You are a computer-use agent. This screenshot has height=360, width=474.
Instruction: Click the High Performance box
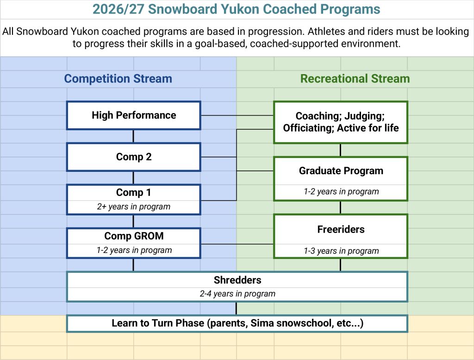tap(134, 115)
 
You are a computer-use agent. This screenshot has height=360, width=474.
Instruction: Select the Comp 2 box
tap(134, 157)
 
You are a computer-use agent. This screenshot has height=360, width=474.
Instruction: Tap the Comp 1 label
tap(134, 192)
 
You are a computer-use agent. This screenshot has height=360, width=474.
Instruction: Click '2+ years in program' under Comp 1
tap(134, 207)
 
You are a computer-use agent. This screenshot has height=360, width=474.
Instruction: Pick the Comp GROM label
tap(134, 236)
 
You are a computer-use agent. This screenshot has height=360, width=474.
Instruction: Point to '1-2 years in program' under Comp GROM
tap(134, 250)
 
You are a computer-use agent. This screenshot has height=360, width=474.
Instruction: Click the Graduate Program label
tap(341, 171)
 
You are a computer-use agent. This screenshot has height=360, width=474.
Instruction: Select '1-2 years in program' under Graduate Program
tap(341, 191)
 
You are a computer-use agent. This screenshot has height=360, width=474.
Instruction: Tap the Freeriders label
tap(341, 229)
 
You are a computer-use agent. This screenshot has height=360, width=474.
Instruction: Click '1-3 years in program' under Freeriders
tap(341, 251)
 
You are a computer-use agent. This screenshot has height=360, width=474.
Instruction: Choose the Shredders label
tap(237, 280)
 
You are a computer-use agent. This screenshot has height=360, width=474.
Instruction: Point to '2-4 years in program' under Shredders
tap(237, 294)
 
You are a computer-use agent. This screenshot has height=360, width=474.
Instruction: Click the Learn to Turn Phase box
tap(237, 323)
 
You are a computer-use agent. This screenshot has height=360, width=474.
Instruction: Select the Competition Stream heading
tap(118, 79)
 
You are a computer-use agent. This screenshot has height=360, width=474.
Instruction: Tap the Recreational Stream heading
tap(355, 79)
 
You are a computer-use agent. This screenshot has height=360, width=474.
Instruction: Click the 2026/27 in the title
tap(118, 9)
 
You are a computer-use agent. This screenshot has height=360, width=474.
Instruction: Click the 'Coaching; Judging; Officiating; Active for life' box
tap(341, 122)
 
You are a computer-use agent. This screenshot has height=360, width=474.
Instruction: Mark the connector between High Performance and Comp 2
tap(133, 136)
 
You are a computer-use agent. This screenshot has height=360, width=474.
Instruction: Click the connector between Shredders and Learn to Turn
tap(236, 309)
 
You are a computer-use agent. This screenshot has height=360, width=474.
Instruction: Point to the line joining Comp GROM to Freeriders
tap(237, 244)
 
